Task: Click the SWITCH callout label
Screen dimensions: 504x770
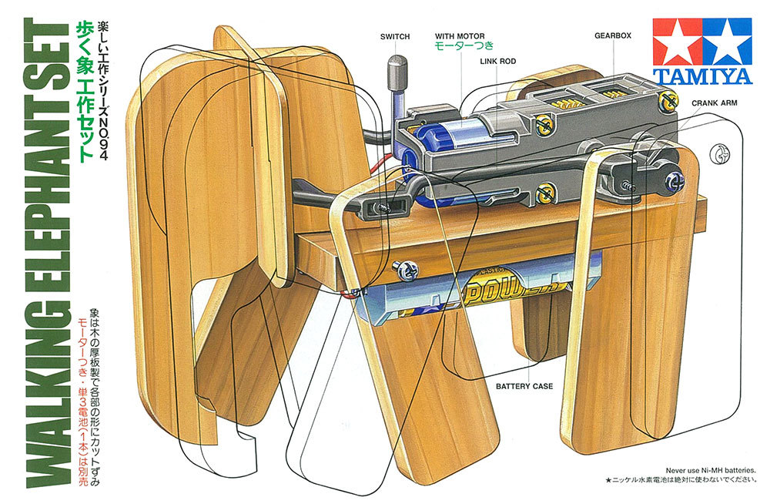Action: coord(395,36)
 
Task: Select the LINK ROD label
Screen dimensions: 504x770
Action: coord(497,60)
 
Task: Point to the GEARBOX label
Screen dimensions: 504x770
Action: coord(613,35)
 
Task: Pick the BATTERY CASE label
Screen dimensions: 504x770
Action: coord(524,386)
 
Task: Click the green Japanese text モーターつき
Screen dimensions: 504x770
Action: coord(460,46)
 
